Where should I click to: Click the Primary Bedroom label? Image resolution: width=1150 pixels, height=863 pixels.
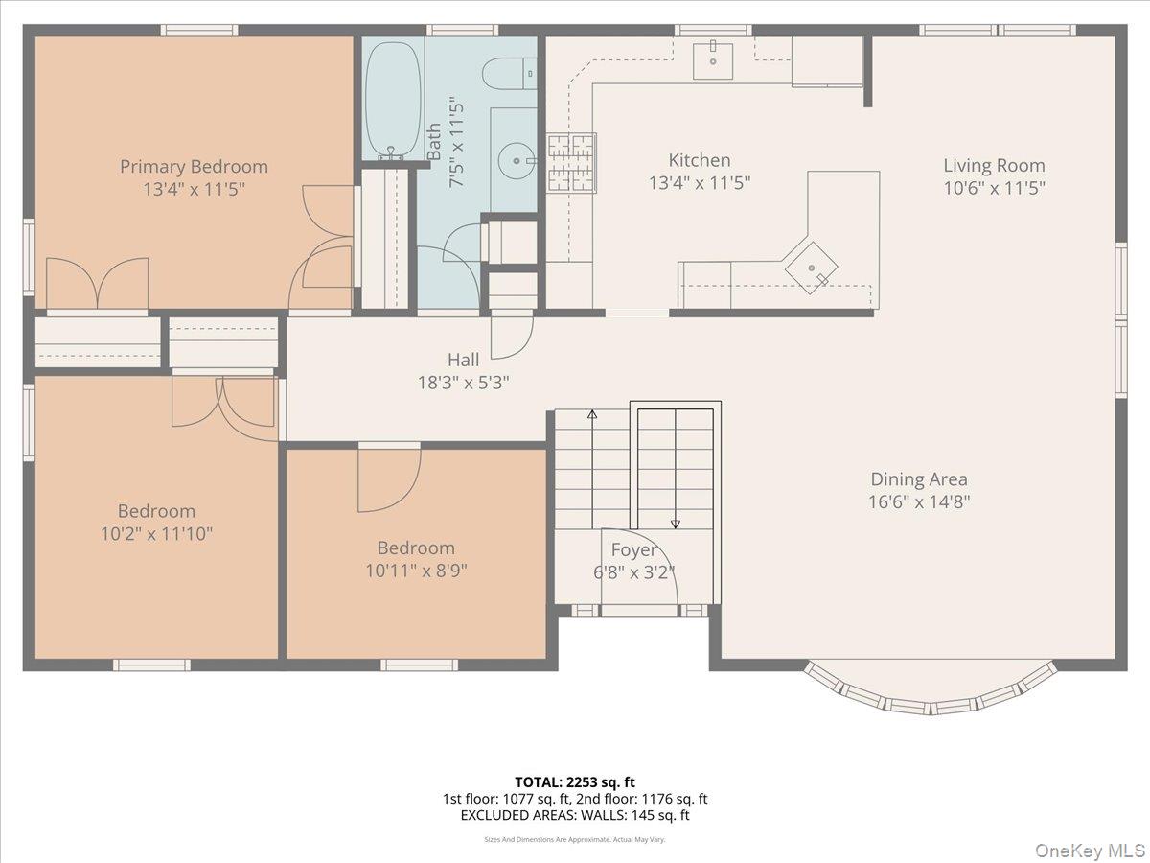(194, 167)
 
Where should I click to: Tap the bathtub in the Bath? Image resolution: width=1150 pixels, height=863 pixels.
(393, 100)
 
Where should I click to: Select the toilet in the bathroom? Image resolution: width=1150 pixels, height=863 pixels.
(509, 74)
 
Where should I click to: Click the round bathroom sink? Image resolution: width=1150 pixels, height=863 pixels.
(517, 160)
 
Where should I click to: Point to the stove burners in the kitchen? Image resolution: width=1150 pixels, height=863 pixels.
(571, 163)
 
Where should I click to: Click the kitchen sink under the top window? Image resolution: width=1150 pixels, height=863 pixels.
(713, 61)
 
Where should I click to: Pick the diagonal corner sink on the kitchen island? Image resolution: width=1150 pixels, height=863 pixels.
(811, 268)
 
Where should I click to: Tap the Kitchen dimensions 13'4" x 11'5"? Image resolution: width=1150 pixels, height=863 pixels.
(700, 183)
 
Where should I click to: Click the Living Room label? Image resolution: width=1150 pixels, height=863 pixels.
(994, 166)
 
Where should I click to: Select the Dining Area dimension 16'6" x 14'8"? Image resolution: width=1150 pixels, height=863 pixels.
(919, 501)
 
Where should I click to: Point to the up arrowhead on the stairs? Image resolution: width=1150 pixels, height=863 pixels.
(592, 414)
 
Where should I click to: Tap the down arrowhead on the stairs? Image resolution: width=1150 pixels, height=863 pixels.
(676, 524)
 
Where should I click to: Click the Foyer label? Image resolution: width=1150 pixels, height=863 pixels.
(634, 549)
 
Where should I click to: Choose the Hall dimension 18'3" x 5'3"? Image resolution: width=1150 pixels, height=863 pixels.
(463, 383)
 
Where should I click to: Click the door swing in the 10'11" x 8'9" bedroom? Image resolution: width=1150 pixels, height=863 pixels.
(389, 480)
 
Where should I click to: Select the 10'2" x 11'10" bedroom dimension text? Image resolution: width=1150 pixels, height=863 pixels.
(156, 533)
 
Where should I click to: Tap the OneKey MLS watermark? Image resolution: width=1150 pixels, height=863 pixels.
(1091, 850)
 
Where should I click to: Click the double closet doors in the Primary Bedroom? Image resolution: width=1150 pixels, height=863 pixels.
(98, 283)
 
